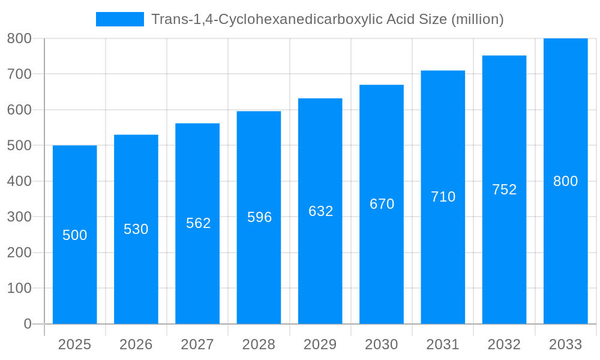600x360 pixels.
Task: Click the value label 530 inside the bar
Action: pos(136,229)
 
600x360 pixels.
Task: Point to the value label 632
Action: pos(320,211)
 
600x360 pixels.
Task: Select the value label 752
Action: pos(504,190)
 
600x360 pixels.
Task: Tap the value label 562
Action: pos(198,223)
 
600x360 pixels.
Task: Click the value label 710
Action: pos(443,197)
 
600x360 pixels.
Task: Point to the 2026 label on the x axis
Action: pos(136,344)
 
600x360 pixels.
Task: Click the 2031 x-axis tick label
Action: pos(443,344)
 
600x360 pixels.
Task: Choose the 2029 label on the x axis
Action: pos(320,344)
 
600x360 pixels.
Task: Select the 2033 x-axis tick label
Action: pos(565,344)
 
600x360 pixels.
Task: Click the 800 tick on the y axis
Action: pos(19,38)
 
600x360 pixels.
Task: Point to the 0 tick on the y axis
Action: pos(28,324)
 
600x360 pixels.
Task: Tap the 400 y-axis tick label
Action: pos(19,181)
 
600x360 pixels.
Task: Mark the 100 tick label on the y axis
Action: pos(19,288)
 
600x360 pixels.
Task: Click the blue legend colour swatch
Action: pos(120,19)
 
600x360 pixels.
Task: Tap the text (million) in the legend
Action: pos(477,19)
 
